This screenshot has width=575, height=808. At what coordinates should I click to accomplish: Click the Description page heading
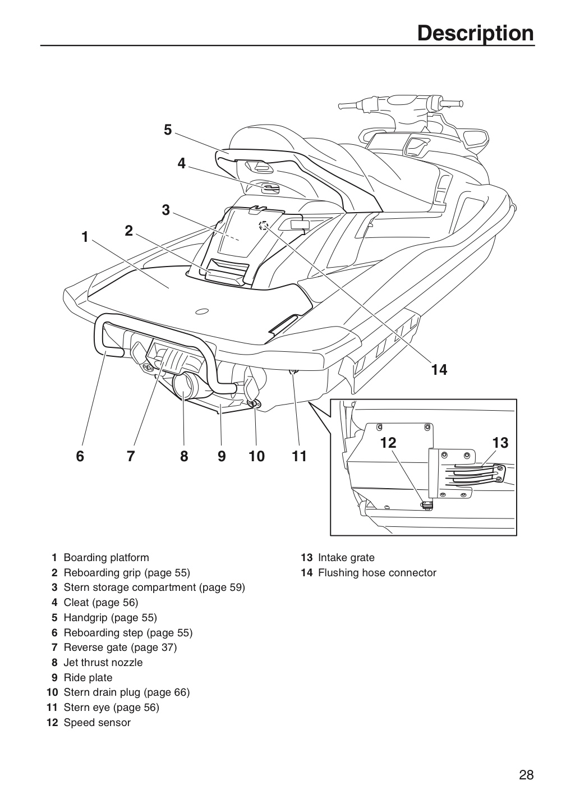pyautogui.click(x=475, y=34)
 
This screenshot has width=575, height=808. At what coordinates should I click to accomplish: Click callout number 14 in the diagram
pyautogui.click(x=439, y=370)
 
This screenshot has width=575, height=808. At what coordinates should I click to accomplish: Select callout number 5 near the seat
pyautogui.click(x=168, y=130)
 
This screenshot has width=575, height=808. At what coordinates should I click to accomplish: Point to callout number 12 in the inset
pyautogui.click(x=388, y=443)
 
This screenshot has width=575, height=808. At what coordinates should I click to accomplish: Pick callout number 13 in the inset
pyautogui.click(x=500, y=443)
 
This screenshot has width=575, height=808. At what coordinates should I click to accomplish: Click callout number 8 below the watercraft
pyautogui.click(x=184, y=457)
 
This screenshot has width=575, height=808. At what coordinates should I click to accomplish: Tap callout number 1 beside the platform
pyautogui.click(x=85, y=237)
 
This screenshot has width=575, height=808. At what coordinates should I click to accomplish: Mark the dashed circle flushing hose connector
pyautogui.click(x=264, y=225)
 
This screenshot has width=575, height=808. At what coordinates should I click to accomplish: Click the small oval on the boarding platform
pyautogui.click(x=201, y=311)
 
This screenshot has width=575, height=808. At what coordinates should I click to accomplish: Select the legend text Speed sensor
pyautogui.click(x=97, y=723)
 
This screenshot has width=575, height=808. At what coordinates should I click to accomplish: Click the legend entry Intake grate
pyautogui.click(x=346, y=558)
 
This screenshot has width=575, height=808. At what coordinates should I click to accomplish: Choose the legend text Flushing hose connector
pyautogui.click(x=377, y=573)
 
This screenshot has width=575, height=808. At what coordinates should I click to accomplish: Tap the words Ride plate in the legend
pyautogui.click(x=88, y=678)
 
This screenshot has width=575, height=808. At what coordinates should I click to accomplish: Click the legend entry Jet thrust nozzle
pyautogui.click(x=103, y=663)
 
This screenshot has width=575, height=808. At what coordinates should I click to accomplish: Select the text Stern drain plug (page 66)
pyautogui.click(x=127, y=692)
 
